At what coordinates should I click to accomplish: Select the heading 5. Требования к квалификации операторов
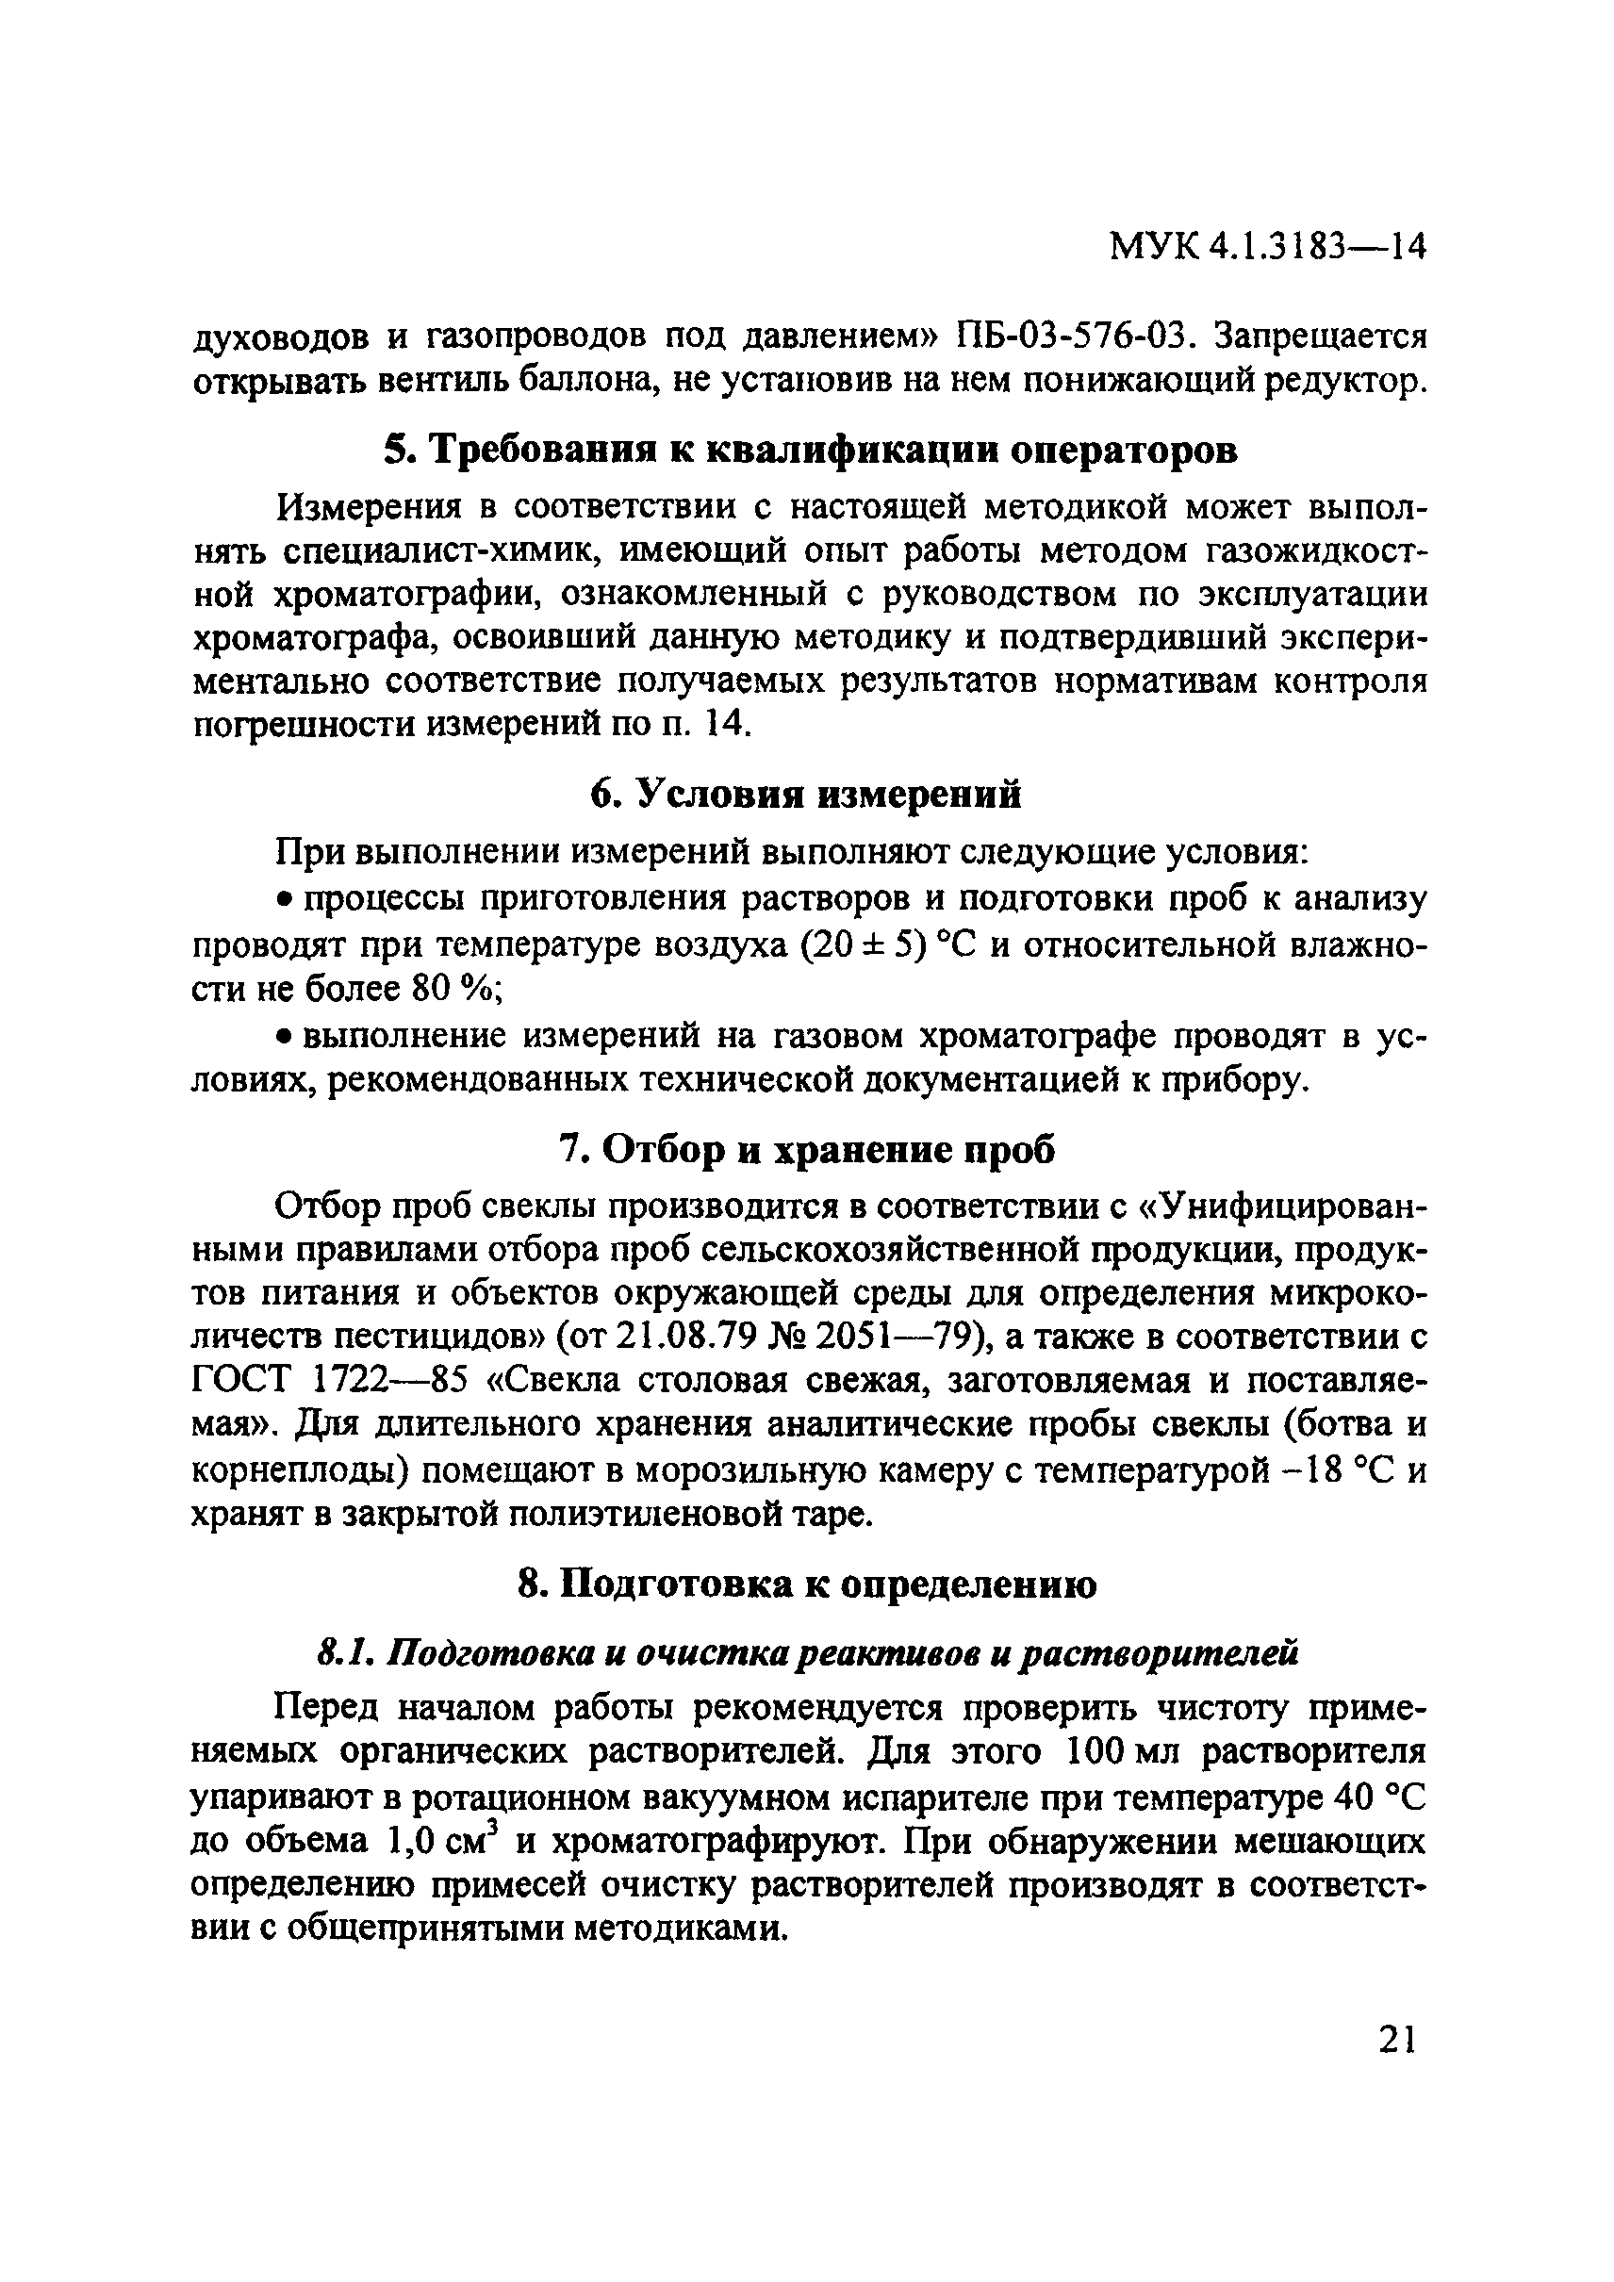coord(810,451)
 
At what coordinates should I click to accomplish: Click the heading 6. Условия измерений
coord(805,794)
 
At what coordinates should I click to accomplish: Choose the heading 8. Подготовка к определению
coord(808,1584)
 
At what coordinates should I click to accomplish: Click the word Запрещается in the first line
coord(1323,337)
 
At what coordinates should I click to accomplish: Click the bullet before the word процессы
coord(283,901)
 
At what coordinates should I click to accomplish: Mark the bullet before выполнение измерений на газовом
coord(283,1037)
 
